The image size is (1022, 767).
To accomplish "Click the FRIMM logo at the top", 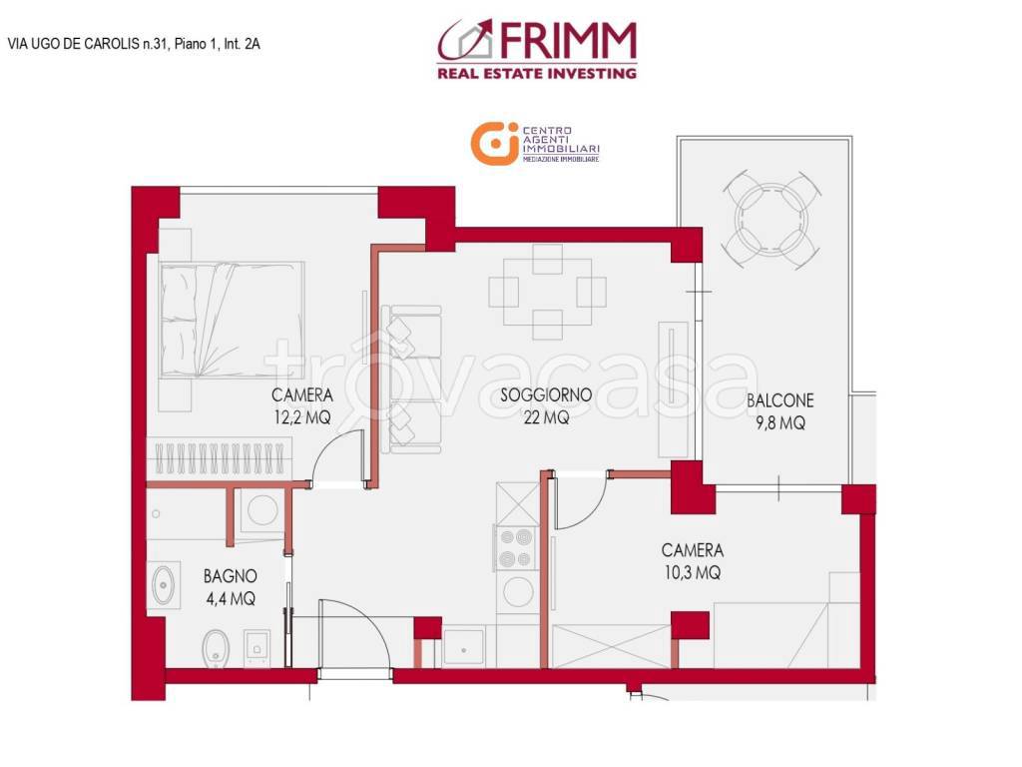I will (x=537, y=49).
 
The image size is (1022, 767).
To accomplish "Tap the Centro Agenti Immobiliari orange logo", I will (x=535, y=143).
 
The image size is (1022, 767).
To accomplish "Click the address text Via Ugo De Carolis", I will (x=134, y=43).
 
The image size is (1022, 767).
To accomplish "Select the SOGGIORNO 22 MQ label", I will (x=546, y=406).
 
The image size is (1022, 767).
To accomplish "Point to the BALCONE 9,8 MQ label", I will (x=779, y=411).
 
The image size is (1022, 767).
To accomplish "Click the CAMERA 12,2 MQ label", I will (x=301, y=406).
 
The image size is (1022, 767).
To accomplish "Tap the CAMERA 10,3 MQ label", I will (x=692, y=561).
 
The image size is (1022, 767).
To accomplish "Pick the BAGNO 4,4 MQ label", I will (x=231, y=587).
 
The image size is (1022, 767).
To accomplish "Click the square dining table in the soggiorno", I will (x=547, y=292).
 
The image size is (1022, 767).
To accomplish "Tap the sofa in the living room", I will (x=412, y=380).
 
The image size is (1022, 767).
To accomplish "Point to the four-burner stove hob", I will (x=516, y=547).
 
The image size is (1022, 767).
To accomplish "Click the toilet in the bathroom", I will (x=214, y=647).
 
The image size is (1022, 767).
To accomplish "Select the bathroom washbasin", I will (x=163, y=585).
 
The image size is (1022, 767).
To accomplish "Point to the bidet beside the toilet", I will (x=256, y=647).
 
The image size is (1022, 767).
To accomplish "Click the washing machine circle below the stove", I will (x=518, y=591).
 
